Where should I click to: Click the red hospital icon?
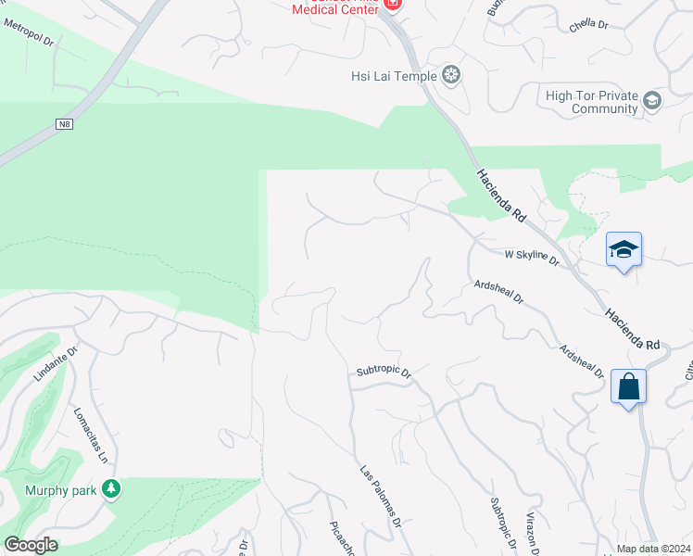(x=393, y=5)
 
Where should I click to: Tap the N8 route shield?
(x=63, y=124)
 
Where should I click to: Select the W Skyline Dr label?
(x=532, y=258)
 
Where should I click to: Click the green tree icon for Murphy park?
(x=112, y=487)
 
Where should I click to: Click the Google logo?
(x=31, y=545)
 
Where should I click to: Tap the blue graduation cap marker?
(x=624, y=249)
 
